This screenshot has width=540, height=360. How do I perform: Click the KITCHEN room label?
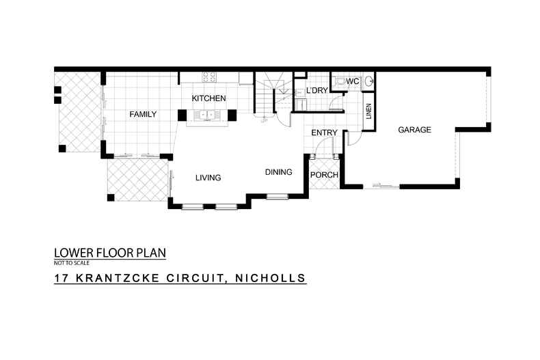tap(208, 98)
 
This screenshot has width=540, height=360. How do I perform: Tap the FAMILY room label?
tap(144, 114)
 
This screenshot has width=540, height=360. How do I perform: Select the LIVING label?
tap(208, 178)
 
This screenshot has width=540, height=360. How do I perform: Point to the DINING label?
tap(279, 172)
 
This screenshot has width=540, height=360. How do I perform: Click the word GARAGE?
tap(414, 129)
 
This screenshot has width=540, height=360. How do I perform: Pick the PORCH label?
tap(324, 175)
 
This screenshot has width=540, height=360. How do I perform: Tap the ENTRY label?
tap(324, 132)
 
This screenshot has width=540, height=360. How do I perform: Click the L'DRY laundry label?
tap(317, 90)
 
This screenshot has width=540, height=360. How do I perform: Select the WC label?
tap(353, 81)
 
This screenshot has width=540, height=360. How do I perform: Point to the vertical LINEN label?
tap(368, 111)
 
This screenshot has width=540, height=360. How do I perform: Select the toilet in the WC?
tap(340, 81)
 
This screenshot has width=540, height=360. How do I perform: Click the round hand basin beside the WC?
tap(370, 81)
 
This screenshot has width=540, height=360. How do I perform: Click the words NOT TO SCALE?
tap(71, 262)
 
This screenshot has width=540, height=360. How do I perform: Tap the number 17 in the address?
tap(61, 278)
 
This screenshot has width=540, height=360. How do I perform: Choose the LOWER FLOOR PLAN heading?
tap(109, 253)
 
